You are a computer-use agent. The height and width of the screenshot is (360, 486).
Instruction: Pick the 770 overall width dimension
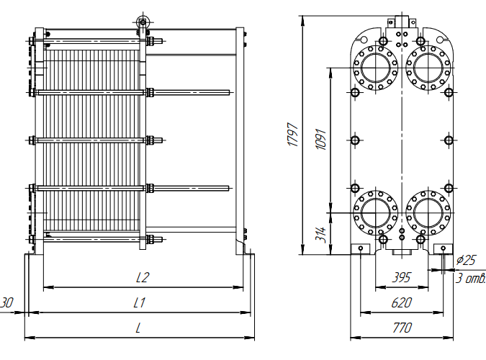[402, 328]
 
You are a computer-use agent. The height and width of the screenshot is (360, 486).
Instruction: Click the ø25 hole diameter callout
[466, 259]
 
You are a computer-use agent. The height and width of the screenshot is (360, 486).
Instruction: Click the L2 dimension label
[143, 277]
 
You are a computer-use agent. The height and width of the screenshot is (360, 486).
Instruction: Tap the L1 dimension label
[140, 303]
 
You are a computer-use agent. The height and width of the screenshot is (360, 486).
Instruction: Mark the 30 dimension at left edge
[7, 302]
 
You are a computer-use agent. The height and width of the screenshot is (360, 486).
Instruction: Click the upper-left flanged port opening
[375, 67]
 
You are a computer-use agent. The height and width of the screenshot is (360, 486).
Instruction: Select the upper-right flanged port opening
[428, 67]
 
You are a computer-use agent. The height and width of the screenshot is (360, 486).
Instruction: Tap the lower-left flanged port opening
[375, 212]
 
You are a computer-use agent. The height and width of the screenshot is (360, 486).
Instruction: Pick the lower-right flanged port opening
[428, 212]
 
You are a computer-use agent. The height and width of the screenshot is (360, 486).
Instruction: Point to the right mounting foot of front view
[443, 249]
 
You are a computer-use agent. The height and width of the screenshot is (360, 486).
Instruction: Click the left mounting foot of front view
[359, 249]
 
